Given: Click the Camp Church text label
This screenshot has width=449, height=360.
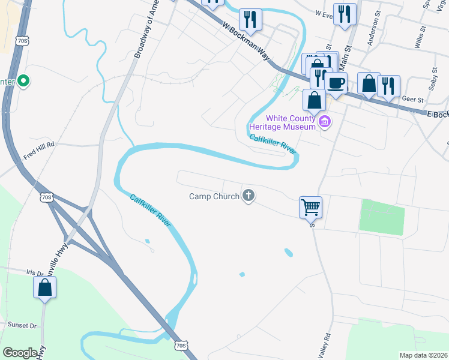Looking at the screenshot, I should [214, 196].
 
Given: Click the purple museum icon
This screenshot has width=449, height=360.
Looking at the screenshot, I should [325, 122].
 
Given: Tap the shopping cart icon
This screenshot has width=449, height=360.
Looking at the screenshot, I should [310, 207].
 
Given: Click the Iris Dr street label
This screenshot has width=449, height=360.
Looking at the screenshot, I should [35, 272].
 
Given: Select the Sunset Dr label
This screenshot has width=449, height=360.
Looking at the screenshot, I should [22, 325].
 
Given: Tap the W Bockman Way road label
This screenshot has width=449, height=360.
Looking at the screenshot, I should [246, 44].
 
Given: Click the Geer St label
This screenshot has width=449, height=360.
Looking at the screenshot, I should [412, 100].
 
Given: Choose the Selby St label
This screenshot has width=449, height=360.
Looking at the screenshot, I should [433, 75].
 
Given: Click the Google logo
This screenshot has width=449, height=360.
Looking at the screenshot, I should [20, 352].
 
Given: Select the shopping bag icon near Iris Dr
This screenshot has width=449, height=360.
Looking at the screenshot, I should [45, 287].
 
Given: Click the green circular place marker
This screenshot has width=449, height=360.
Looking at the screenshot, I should [23, 80].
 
